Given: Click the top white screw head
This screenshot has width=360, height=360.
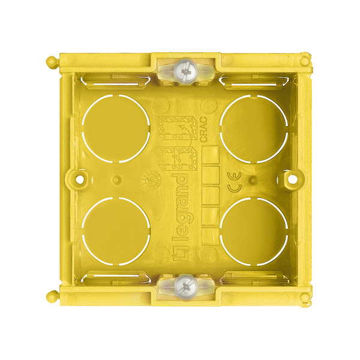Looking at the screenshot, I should coord(184,74).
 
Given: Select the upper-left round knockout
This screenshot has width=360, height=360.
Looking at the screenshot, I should coord(116,128).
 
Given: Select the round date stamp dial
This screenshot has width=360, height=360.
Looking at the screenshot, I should coord(146,179).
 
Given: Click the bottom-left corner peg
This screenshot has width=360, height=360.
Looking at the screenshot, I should coord(51,295).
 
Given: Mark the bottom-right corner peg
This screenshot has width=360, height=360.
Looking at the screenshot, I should coord(307,295).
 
